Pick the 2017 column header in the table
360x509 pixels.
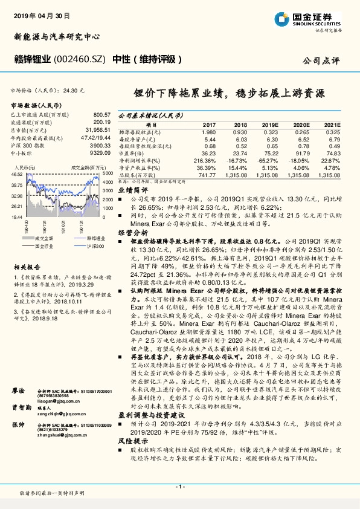coord(207,124)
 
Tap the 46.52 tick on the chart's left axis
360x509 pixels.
coord(17,174)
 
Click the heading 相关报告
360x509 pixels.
coord(27,267)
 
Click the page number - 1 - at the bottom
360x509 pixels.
coord(179,487)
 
